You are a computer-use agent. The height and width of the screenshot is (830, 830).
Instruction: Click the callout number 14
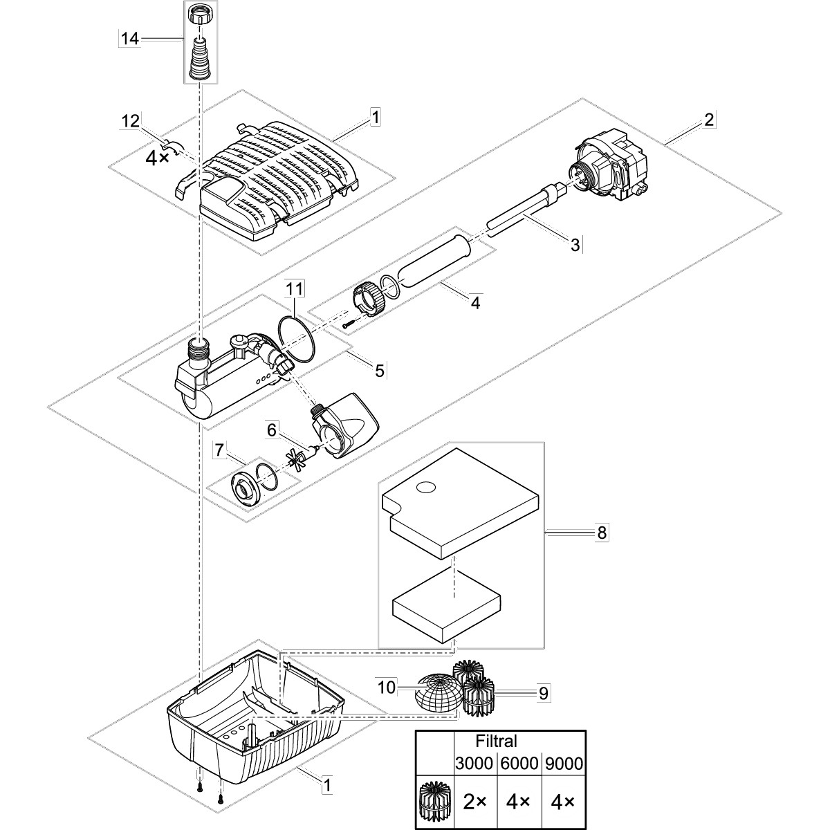click(129, 39)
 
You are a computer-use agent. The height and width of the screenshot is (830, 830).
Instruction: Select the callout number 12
click(129, 121)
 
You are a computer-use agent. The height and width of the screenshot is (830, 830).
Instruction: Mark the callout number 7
click(219, 450)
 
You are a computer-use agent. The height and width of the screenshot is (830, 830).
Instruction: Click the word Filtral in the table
click(497, 741)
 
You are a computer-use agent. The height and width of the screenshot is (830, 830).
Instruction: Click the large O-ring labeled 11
click(297, 338)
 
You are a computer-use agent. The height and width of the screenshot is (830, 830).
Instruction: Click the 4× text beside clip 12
click(156, 157)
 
